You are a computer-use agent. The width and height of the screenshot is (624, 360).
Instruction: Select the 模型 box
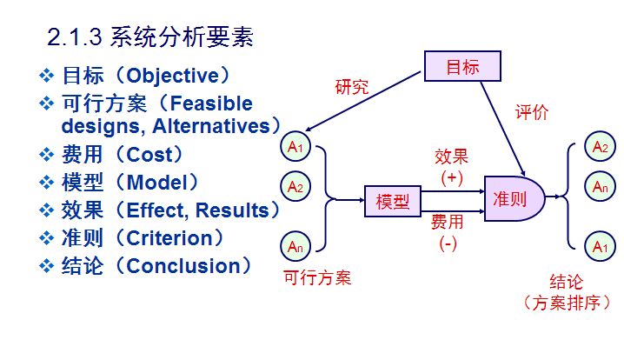pyautogui.click(x=392, y=202)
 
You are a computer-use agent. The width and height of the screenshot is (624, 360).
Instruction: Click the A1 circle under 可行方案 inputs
pyautogui.click(x=295, y=148)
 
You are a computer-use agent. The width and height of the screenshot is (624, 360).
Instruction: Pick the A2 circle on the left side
pyautogui.click(x=295, y=186)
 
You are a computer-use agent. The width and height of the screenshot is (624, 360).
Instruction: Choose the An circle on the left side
pyautogui.click(x=295, y=246)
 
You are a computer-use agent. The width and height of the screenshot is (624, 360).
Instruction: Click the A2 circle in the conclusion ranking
pyautogui.click(x=600, y=147)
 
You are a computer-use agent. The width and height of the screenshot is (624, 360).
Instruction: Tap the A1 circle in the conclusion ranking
pyautogui.click(x=600, y=247)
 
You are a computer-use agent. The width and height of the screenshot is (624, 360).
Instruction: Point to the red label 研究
pyautogui.click(x=352, y=87)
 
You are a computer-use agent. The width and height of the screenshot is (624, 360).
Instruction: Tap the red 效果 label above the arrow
pyautogui.click(x=451, y=157)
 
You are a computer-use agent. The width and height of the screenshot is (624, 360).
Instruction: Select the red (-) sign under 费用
pyautogui.click(x=448, y=243)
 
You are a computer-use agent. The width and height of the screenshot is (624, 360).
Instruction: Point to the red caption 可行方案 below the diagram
pyautogui.click(x=317, y=278)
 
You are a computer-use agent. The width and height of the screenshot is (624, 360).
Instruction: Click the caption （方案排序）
pyautogui.click(x=567, y=303)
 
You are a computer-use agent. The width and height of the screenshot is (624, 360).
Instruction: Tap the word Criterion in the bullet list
pyautogui.click(x=169, y=238)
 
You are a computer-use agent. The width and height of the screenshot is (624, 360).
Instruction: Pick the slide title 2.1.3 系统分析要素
pyautogui.click(x=149, y=37)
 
